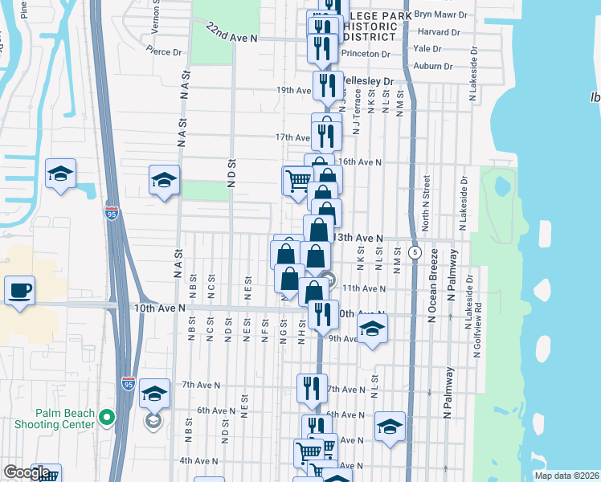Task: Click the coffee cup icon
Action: click(19, 290)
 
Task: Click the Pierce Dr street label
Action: click(167, 52)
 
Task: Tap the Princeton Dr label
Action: click(366, 54)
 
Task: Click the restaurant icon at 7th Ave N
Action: click(312, 388)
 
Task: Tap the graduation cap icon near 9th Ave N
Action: click(372, 329)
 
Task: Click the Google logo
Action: click(27, 473)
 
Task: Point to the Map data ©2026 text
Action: click(566, 476)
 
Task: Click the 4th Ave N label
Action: click(198, 461)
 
